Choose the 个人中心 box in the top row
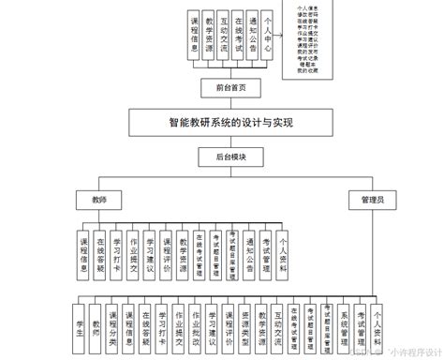(x=268, y=38)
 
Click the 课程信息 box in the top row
(x=194, y=38)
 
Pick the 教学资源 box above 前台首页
(x=211, y=38)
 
